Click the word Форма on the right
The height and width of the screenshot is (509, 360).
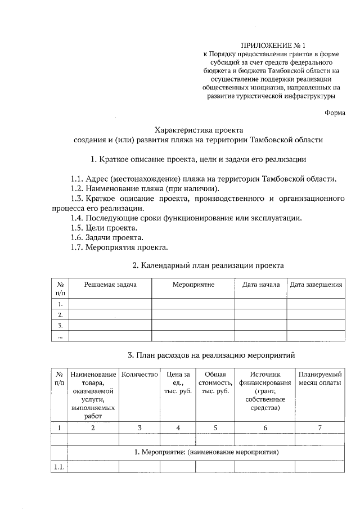click(x=335, y=112)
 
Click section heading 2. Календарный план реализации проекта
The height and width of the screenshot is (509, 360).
click(x=208, y=265)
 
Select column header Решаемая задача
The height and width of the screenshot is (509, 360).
click(x=110, y=285)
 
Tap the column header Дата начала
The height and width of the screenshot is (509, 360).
click(x=260, y=285)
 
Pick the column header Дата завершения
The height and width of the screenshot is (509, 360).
click(x=316, y=285)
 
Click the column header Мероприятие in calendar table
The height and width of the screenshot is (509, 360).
click(x=193, y=285)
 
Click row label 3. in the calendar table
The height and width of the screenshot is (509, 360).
click(x=60, y=325)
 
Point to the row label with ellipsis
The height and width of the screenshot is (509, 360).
click(x=60, y=336)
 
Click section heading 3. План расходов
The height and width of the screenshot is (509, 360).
click(x=211, y=355)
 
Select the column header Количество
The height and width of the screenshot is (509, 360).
click(x=139, y=375)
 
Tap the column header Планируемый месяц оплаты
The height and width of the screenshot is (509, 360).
click(x=320, y=379)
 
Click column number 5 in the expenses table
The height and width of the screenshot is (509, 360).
click(x=215, y=428)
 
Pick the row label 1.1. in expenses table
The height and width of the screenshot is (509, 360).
click(x=58, y=467)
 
